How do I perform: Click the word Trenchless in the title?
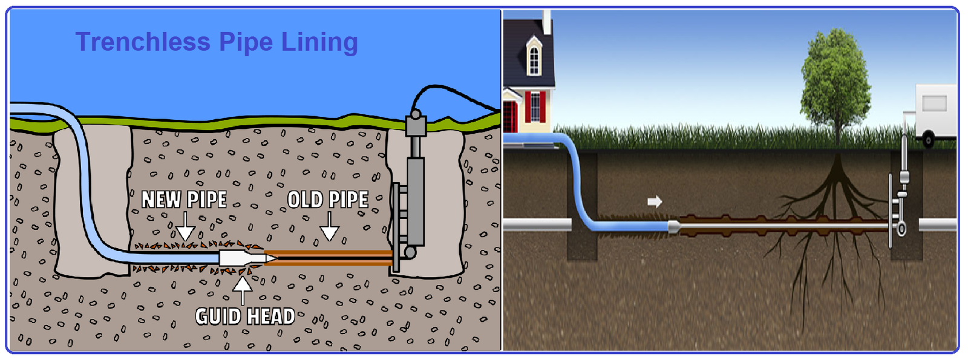pyautogui.click(x=143, y=42)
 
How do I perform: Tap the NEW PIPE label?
pyautogui.click(x=184, y=200)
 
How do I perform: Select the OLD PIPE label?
pyautogui.click(x=328, y=200)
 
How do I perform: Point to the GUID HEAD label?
pyautogui.click(x=245, y=316)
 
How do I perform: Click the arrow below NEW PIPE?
pyautogui.click(x=185, y=226)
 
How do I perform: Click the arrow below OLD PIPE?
pyautogui.click(x=329, y=226)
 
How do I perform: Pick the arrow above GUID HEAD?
pyautogui.click(x=243, y=291)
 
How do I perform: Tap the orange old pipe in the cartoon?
pyautogui.click(x=328, y=258)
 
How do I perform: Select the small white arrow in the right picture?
pyautogui.click(x=655, y=201)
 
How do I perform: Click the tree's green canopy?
pyautogui.click(x=836, y=79)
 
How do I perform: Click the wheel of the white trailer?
pyautogui.click(x=928, y=140)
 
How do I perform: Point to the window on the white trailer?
pyautogui.click(x=935, y=103)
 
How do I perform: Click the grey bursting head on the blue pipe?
pyautogui.click(x=674, y=226)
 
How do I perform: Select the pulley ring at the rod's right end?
pyautogui.click(x=901, y=229)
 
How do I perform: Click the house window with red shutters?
pyautogui.click(x=535, y=106)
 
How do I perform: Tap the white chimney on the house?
pyautogui.click(x=547, y=22)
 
